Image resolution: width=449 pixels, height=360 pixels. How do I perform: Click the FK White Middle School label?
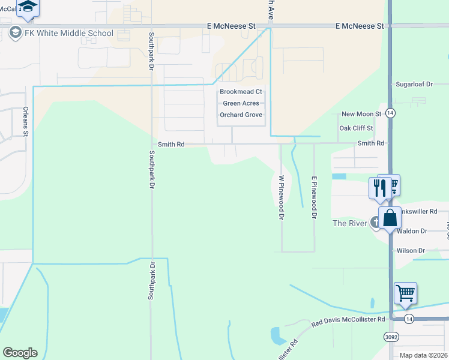pos(68,33)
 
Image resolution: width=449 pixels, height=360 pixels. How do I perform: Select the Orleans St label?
pos(25,121)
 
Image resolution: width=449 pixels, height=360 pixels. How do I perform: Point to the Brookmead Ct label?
pos(241,92)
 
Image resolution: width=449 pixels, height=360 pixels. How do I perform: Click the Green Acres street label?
pos(241,103)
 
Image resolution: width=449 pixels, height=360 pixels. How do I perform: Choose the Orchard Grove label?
pos(241,115)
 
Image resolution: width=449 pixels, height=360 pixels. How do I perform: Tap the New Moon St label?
pos(361,114)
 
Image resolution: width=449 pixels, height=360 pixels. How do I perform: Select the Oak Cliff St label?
pos(357,128)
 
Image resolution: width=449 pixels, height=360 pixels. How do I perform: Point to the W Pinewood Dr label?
pos(281,197)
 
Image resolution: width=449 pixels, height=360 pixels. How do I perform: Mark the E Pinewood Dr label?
pos(313,197)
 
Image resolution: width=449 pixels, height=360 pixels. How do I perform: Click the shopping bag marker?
pos(390,218)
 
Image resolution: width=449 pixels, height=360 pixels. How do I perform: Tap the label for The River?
pos(349,223)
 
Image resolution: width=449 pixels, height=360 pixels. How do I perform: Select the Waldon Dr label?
pos(412,231)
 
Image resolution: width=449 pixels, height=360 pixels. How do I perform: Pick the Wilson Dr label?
pos(411,251)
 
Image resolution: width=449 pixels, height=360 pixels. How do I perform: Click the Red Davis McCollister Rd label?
pos(348,321)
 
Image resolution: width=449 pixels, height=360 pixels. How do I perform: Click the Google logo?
pos(20,353)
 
